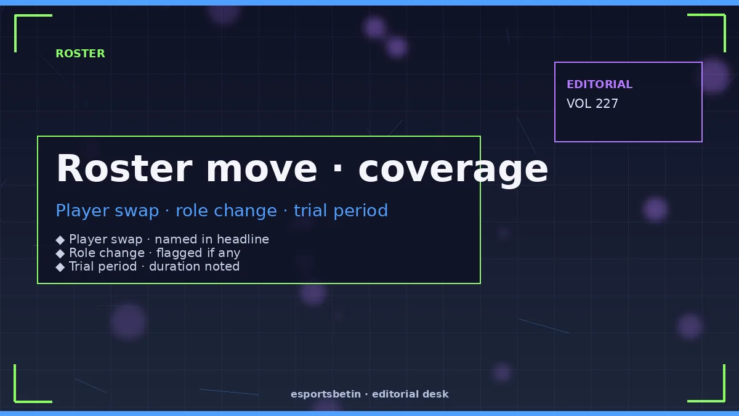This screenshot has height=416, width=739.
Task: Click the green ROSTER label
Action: pyautogui.click(x=80, y=54)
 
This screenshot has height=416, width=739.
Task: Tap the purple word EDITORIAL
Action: pyautogui.click(x=599, y=84)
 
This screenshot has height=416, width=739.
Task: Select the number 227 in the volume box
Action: pyautogui.click(x=607, y=104)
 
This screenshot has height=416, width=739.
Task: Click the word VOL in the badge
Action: pyautogui.click(x=579, y=104)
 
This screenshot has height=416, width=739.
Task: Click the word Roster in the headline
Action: pyautogui.click(x=124, y=168)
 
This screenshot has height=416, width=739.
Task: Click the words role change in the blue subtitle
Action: pyautogui.click(x=227, y=210)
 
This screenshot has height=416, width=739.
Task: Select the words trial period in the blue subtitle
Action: pyautogui.click(x=341, y=211)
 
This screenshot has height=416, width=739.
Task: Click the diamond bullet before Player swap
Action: pyautogui.click(x=60, y=240)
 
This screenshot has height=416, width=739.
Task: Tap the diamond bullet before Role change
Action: pyautogui.click(x=60, y=253)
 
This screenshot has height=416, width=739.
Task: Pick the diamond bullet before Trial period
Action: pyautogui.click(x=60, y=267)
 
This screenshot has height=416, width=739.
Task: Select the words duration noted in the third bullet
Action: pyautogui.click(x=195, y=266)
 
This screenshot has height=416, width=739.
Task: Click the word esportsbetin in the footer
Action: pyautogui.click(x=326, y=394)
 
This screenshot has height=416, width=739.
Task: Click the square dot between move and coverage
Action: pyautogui.click(x=337, y=168)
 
